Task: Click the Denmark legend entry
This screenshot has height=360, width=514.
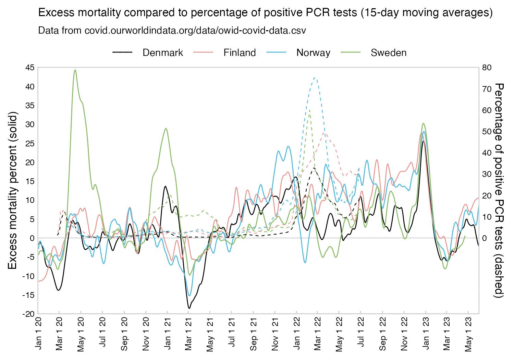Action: coord(162,53)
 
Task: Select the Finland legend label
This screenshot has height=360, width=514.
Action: coord(239,53)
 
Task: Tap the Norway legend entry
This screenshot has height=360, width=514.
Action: coord(313,53)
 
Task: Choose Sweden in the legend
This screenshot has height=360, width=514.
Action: coord(388,53)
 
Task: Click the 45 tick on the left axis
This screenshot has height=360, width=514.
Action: coord(30,68)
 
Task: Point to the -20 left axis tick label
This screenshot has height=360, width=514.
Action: coord(29,314)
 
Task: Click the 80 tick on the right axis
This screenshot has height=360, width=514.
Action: coord(487,68)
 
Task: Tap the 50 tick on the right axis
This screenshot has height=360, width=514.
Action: coord(487,132)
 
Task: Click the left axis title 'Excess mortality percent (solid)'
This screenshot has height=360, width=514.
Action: coord(12,190)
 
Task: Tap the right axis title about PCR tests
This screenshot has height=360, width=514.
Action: coord(500,190)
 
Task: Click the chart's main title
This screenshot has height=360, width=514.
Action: coord(265,13)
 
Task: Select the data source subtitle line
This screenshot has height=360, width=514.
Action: coord(172,31)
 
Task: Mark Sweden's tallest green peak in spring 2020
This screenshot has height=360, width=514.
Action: coord(75,70)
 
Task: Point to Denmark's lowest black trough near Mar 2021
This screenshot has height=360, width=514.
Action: coord(189,308)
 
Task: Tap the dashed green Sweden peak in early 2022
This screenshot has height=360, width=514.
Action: coord(309,110)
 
